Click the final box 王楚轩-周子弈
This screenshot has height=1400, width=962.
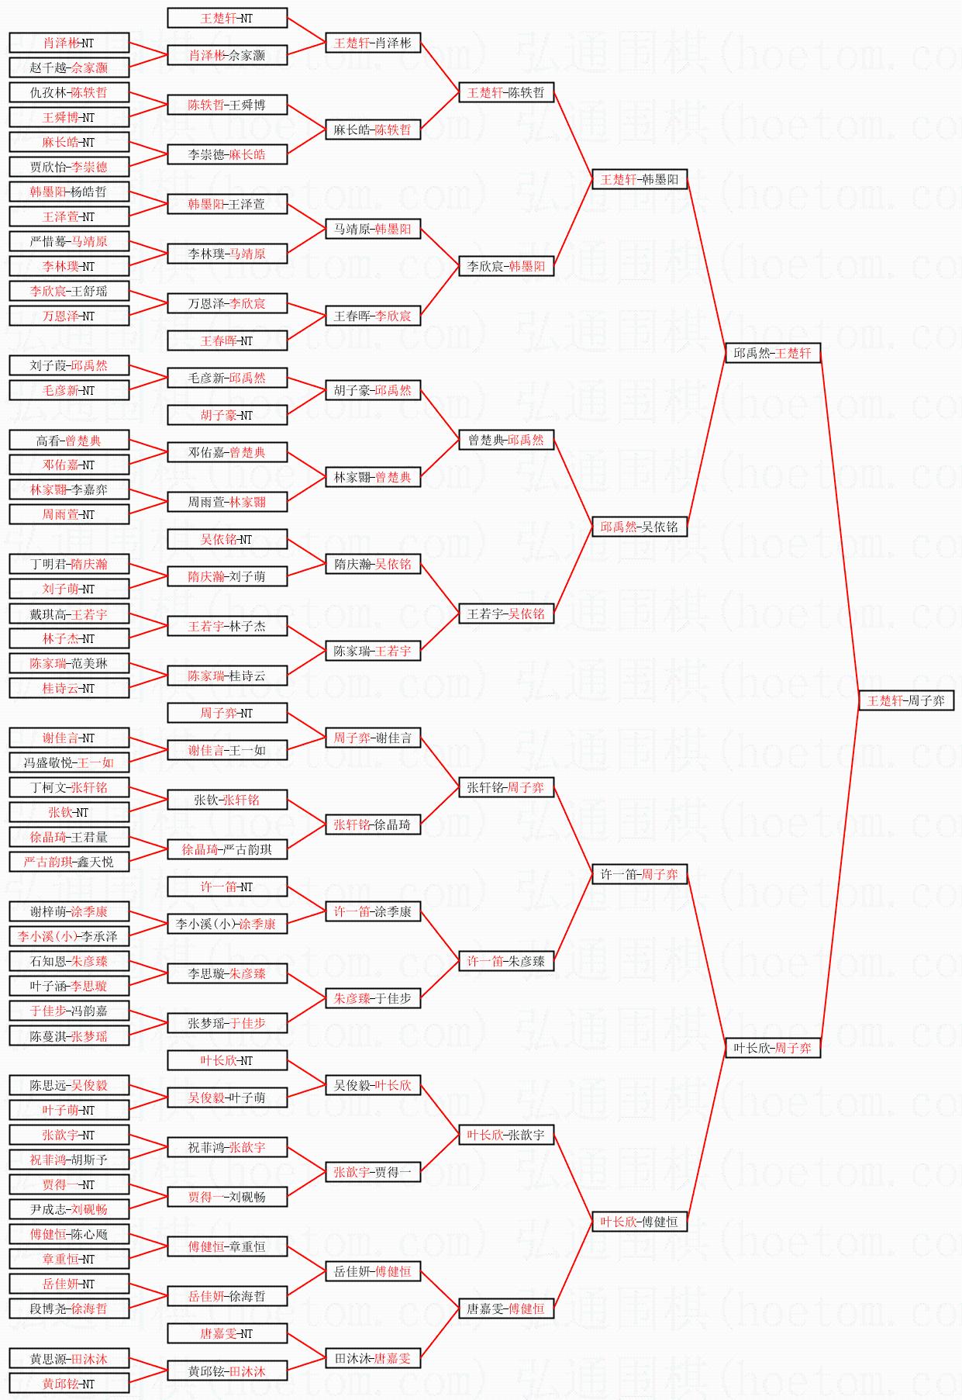(905, 700)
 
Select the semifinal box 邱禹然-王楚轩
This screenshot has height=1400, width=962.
(772, 353)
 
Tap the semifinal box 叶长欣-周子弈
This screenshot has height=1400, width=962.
(772, 1048)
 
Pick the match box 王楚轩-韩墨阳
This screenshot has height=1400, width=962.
(640, 179)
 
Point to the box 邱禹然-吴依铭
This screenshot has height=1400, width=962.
(640, 527)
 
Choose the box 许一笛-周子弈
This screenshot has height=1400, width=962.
(640, 874)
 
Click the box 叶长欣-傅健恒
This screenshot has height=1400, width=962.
(640, 1222)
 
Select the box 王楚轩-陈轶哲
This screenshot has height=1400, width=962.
(506, 92)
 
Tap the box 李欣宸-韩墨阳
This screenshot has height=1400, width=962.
(506, 266)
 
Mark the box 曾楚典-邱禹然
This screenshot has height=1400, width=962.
(506, 440)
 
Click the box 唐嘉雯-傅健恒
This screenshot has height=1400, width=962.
(506, 1308)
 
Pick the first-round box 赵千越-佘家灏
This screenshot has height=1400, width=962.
(69, 67)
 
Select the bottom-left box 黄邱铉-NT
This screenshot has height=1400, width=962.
(69, 1384)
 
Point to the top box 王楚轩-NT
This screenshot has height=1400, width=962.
(227, 18)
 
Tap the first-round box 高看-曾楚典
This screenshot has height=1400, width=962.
(69, 441)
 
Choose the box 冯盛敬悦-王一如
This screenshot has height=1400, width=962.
(69, 762)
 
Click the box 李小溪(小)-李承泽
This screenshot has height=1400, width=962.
(69, 936)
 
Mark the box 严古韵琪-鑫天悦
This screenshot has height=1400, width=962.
(69, 862)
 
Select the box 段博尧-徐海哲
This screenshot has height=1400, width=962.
(69, 1308)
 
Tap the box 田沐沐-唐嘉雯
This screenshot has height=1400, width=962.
(373, 1358)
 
